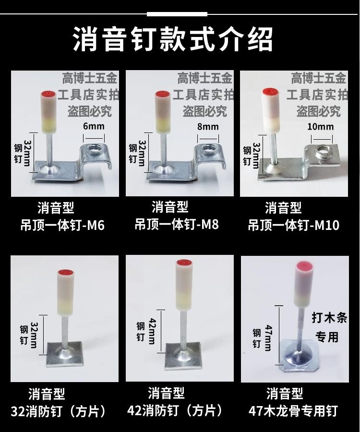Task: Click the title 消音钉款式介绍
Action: [173, 39]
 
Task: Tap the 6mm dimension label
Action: [94, 126]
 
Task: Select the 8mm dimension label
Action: [208, 127]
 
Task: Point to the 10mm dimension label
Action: [320, 127]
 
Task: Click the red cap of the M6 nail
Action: [48, 94]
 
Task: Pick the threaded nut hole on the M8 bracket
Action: [208, 150]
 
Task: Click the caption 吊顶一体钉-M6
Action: [62, 225]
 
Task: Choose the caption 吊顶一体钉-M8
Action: [177, 225]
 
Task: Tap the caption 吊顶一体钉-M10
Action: [294, 225]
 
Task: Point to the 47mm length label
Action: [268, 338]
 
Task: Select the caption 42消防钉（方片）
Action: [175, 410]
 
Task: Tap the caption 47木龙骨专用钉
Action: [293, 411]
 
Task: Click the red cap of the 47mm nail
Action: [305, 265]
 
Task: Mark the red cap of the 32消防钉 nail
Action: [66, 272]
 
